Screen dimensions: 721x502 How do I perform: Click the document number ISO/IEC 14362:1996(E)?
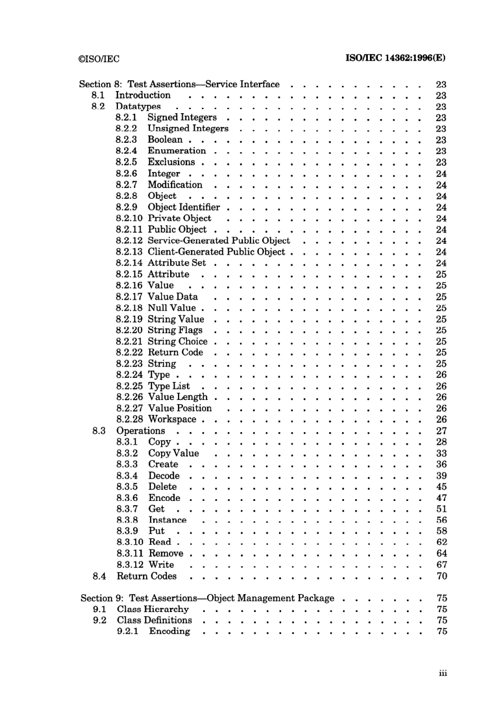395,58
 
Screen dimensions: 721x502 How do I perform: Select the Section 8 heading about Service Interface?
179,84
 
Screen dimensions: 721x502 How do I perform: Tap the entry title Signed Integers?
182,117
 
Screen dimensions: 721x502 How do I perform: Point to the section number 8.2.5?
126,162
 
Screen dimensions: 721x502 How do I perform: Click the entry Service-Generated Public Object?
219,241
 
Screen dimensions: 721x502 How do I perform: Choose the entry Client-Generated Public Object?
216,252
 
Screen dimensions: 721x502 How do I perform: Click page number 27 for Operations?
441,431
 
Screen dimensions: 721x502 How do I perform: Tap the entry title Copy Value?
173,453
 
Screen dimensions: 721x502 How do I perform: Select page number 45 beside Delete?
441,487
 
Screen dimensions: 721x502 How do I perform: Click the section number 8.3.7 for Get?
127,509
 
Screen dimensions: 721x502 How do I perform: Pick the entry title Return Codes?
146,576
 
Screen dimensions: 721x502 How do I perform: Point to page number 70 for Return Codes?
442,576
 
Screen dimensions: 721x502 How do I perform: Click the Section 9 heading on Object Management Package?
207,598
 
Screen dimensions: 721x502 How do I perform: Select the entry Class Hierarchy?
153,609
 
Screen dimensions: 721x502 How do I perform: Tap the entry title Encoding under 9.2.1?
169,632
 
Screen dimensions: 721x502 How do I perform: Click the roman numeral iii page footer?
442,673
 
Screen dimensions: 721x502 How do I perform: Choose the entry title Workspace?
172,419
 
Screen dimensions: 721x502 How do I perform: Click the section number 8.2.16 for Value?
129,285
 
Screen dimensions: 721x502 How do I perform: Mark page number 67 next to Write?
442,564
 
